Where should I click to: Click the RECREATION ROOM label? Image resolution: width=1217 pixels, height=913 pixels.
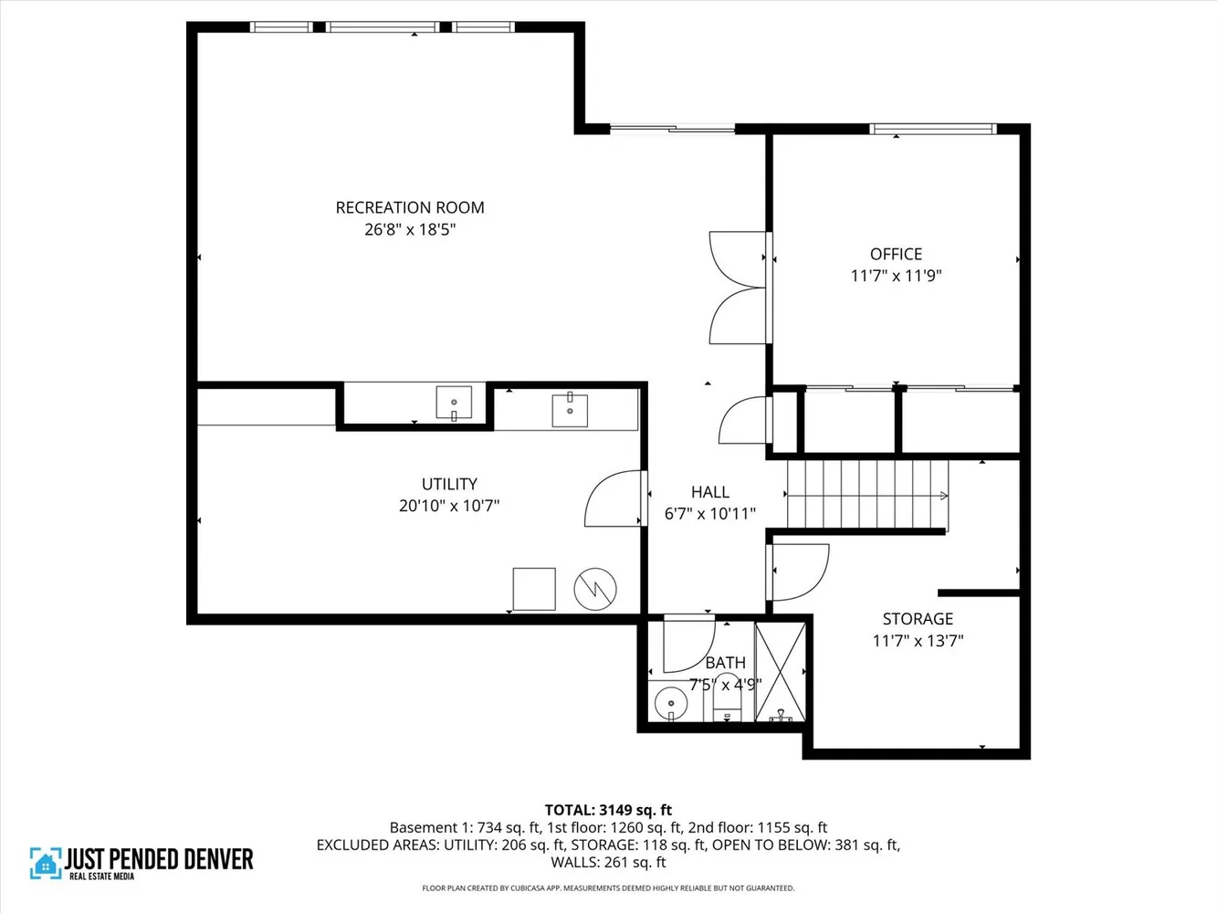pos(410,208)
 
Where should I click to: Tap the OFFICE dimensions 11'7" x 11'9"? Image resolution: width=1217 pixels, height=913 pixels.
pos(896,276)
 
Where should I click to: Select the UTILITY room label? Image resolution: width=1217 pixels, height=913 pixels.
pos(449,484)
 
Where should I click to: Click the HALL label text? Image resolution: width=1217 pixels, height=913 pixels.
pos(709,492)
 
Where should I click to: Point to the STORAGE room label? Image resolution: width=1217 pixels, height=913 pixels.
pos(918,619)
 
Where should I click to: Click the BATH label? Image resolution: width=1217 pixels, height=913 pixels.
pos(725,663)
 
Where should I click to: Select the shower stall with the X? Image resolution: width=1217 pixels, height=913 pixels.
pos(782,670)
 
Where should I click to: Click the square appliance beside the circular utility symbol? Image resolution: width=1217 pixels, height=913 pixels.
pos(534,589)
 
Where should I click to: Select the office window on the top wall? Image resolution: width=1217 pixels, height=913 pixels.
pos(932,130)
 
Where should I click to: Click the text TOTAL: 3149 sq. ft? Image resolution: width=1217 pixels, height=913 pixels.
pos(608,810)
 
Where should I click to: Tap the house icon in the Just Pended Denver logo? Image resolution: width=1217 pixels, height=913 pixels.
pos(44,863)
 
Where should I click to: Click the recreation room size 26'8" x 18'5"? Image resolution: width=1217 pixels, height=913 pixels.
pos(410,230)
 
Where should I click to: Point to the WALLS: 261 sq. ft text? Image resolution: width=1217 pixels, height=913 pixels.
pos(608,862)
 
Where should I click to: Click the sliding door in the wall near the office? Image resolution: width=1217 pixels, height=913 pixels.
pos(673,130)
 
